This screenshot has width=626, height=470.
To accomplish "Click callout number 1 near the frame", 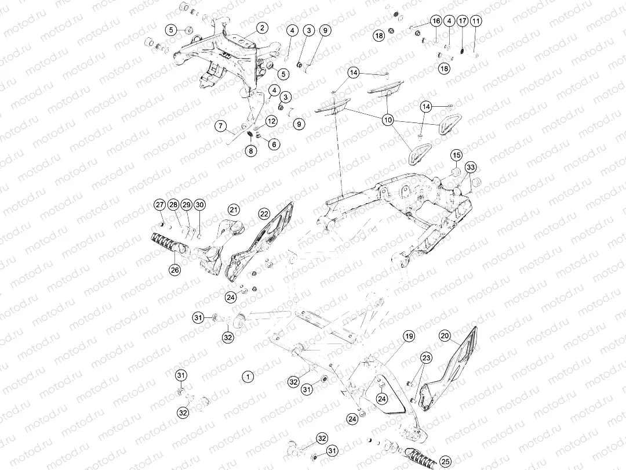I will pyautogui.click(x=248, y=376).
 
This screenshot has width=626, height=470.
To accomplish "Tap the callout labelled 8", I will pyautogui.click(x=250, y=151).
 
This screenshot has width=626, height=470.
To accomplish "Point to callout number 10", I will pyautogui.click(x=388, y=120).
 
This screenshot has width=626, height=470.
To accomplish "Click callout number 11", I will pyautogui.click(x=476, y=21).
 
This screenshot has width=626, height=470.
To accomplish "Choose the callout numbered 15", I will pyautogui.click(x=457, y=156).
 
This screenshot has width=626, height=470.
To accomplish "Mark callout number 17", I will pyautogui.click(x=462, y=21).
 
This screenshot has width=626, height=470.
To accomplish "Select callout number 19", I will pyautogui.click(x=409, y=336).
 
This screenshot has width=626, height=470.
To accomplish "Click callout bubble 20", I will pyautogui.click(x=445, y=336).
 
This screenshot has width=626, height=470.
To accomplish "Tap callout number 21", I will pyautogui.click(x=232, y=209).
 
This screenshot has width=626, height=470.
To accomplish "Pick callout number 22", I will pyautogui.click(x=264, y=214).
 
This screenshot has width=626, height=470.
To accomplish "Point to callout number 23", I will pyautogui.click(x=426, y=358).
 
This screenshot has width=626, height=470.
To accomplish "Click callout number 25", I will pyautogui.click(x=445, y=461).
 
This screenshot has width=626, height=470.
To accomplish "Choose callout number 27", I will pyautogui.click(x=159, y=205).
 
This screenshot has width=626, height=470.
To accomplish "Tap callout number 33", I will pyautogui.click(x=471, y=167).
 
